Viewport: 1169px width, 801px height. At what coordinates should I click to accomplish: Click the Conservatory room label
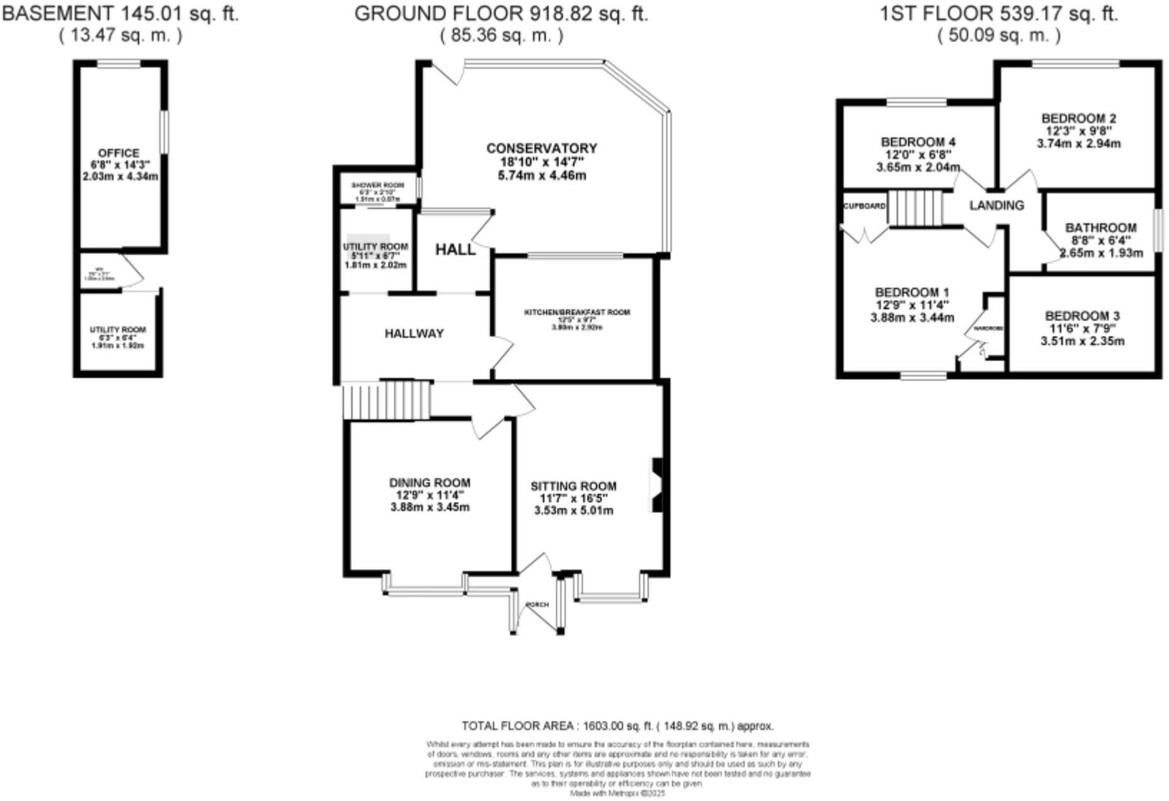pyautogui.click(x=541, y=149)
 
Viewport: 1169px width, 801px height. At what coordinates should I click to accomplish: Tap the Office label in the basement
pyautogui.click(x=119, y=153)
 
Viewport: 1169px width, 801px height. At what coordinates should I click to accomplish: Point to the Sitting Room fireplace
pyautogui.click(x=657, y=486)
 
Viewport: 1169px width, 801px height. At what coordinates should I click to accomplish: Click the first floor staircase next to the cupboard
pyautogui.click(x=916, y=209)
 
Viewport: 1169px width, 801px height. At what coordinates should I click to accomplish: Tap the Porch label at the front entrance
pyautogui.click(x=537, y=604)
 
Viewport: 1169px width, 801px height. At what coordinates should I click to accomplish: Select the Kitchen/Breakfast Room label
pyautogui.click(x=577, y=312)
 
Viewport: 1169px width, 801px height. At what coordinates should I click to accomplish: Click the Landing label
pyautogui.click(x=996, y=206)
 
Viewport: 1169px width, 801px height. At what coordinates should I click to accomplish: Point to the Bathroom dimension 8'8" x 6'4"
pyautogui.click(x=1100, y=241)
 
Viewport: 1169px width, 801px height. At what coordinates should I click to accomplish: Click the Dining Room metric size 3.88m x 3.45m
pyautogui.click(x=430, y=507)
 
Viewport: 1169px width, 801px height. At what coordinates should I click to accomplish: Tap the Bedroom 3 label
pyautogui.click(x=1082, y=317)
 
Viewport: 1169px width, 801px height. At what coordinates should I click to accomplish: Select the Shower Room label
pyautogui.click(x=378, y=186)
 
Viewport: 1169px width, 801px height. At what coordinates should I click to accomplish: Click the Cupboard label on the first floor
pyautogui.click(x=864, y=206)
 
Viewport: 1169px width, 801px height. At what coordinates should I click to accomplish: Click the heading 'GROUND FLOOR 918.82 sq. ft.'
pyautogui.click(x=500, y=14)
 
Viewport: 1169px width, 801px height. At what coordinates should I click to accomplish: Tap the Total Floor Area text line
pyautogui.click(x=617, y=726)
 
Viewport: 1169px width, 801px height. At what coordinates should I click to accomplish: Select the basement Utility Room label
pyautogui.click(x=117, y=330)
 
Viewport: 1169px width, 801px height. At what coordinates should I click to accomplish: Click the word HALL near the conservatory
pyautogui.click(x=455, y=249)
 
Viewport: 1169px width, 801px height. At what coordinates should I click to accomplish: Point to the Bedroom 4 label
pyautogui.click(x=918, y=142)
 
